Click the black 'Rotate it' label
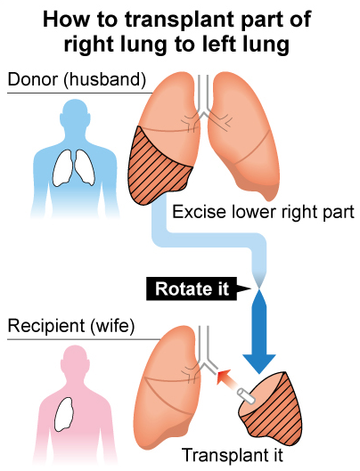click(192, 288)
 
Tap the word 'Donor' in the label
click(33, 79)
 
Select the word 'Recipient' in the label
click(46, 326)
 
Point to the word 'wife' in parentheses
click(112, 326)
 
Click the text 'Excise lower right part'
click(263, 212)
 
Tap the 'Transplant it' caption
click(233, 455)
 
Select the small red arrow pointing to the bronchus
click(228, 381)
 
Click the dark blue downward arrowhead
click(259, 363)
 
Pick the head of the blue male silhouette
click(75, 114)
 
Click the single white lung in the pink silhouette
click(64, 415)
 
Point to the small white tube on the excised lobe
click(247, 396)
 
